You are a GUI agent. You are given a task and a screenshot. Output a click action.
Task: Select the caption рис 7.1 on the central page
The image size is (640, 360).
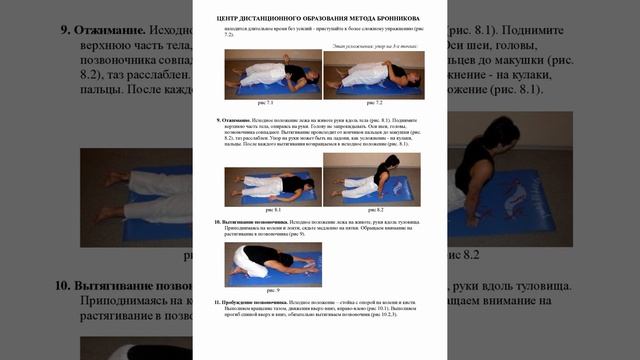pyautogui.click(x=267, y=103)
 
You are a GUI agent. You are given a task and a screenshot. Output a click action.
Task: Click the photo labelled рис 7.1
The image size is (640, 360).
pyautogui.click(x=268, y=75)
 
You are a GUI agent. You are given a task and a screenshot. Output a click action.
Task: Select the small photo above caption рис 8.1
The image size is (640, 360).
pyautogui.click(x=268, y=179)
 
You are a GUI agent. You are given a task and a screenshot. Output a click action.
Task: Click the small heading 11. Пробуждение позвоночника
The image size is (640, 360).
pyautogui.click(x=255, y=301)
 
